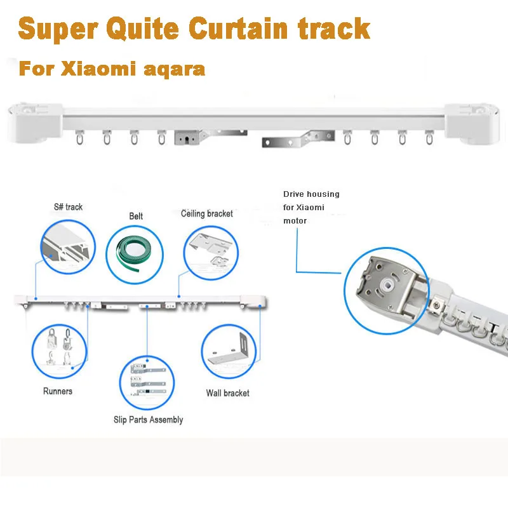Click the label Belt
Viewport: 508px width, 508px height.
coord(136,216)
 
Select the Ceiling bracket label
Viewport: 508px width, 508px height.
coord(207,213)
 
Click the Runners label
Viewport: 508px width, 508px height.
coord(58,391)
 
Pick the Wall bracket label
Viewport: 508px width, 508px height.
coord(228,393)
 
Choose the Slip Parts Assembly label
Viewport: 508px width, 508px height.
coord(149,419)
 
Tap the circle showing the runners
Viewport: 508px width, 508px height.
coord(59,351)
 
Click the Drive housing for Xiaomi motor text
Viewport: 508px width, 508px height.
coord(311,207)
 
